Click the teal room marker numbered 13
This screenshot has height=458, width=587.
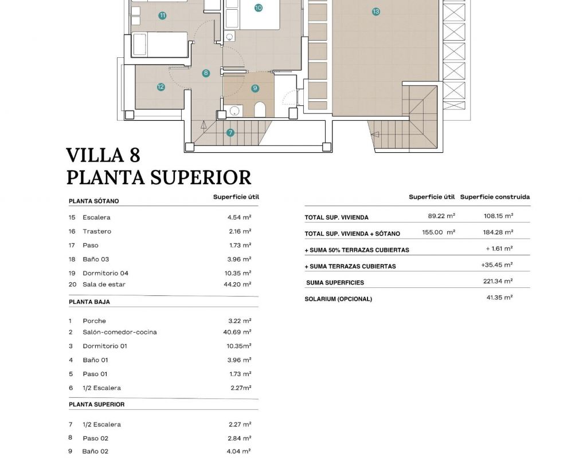(x=376, y=11)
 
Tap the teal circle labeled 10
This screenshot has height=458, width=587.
(x=258, y=8)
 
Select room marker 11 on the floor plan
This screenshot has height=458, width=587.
(x=163, y=15)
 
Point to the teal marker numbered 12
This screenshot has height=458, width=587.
(x=161, y=87)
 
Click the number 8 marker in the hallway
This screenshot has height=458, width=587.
(x=206, y=73)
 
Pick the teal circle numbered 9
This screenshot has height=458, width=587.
(x=255, y=88)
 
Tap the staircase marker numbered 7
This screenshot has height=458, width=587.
(x=230, y=133)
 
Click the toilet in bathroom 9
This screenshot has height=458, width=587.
(x=260, y=109)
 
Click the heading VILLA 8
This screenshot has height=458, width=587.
(x=103, y=155)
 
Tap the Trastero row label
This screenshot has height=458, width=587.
(x=97, y=231)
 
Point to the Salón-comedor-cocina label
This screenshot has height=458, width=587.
(x=119, y=332)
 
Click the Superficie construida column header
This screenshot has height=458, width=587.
(x=495, y=197)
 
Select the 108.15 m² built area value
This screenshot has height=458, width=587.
(x=498, y=216)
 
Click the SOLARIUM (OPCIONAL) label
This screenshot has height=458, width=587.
(x=338, y=299)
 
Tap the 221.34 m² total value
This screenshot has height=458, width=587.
(x=498, y=282)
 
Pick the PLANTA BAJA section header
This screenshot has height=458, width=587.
(x=89, y=302)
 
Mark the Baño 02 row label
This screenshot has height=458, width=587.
(x=95, y=452)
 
